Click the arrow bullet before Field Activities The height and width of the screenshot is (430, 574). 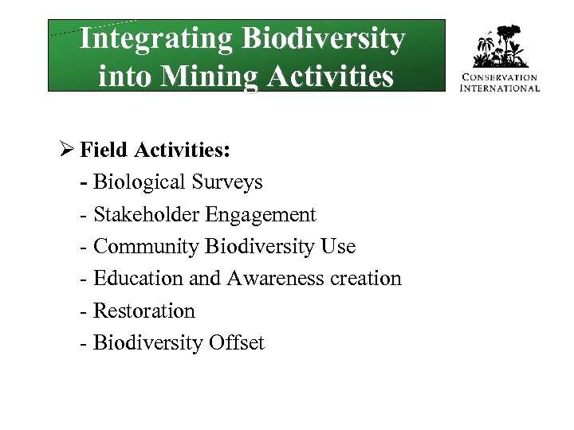tap(67, 150)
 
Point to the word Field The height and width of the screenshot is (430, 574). tap(103, 150)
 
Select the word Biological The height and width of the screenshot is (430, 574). tap(140, 182)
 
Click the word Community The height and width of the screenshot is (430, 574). tap(146, 247)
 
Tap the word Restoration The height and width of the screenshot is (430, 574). tap(144, 311)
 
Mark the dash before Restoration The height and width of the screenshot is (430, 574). tap(85, 311)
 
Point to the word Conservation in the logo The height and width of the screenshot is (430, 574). tap(501, 78)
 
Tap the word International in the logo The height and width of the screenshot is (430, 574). tap(501, 88)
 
